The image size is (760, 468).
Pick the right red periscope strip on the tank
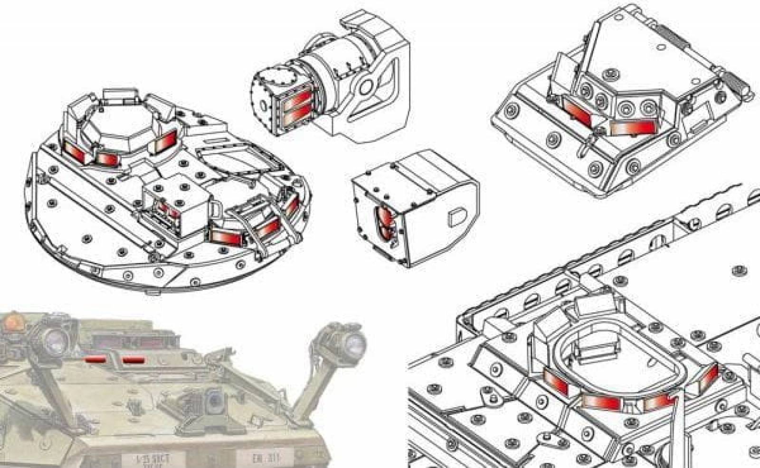click(133, 361)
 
